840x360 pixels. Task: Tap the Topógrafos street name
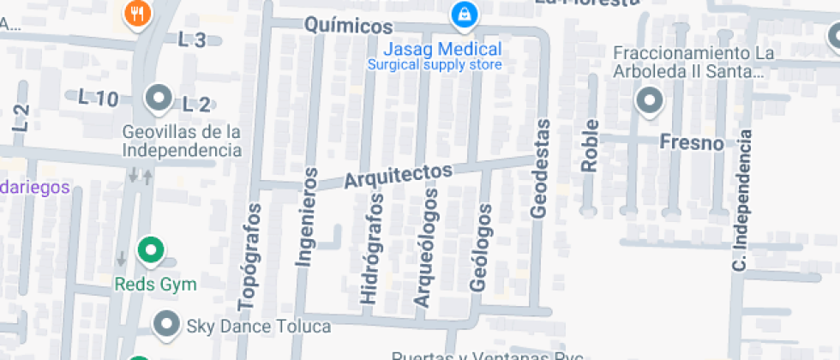point(249,256)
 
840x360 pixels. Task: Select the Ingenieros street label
point(305,216)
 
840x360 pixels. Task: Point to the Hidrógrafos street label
point(369,249)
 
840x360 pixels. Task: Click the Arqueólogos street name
point(425,248)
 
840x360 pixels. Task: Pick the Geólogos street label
point(482,247)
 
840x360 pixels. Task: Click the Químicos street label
point(349,27)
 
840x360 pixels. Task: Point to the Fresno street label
point(692,142)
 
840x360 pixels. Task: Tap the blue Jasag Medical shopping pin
point(464,14)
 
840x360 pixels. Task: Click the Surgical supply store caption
point(435,64)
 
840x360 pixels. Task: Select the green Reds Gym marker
point(152,250)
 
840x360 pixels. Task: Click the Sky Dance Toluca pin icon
point(165,325)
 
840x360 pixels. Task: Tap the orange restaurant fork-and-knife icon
point(137,12)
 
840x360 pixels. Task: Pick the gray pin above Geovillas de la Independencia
point(159,99)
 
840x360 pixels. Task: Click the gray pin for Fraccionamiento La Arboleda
point(650,101)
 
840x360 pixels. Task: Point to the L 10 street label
point(98,98)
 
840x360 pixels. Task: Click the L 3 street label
point(192,39)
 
